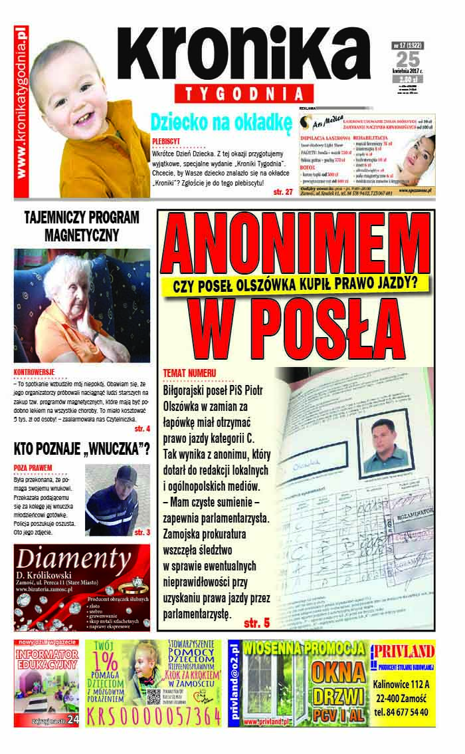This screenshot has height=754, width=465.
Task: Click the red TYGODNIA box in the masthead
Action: [244, 93]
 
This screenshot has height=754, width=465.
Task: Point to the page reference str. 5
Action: [256, 623]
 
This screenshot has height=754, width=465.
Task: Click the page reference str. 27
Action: [282, 191]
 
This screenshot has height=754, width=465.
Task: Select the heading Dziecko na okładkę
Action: [221, 122]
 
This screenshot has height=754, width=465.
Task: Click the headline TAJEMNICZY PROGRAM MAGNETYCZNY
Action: [82, 226]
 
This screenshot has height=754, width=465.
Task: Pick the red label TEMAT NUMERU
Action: [190, 373]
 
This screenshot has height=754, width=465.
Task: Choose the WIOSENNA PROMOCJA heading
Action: [304, 648]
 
